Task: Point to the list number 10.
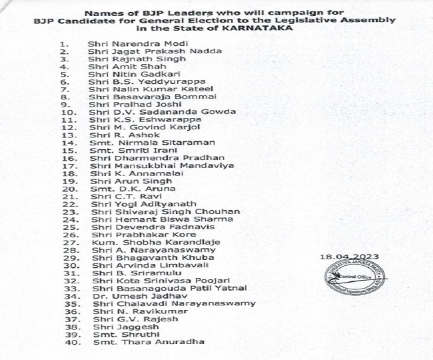(74, 111)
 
